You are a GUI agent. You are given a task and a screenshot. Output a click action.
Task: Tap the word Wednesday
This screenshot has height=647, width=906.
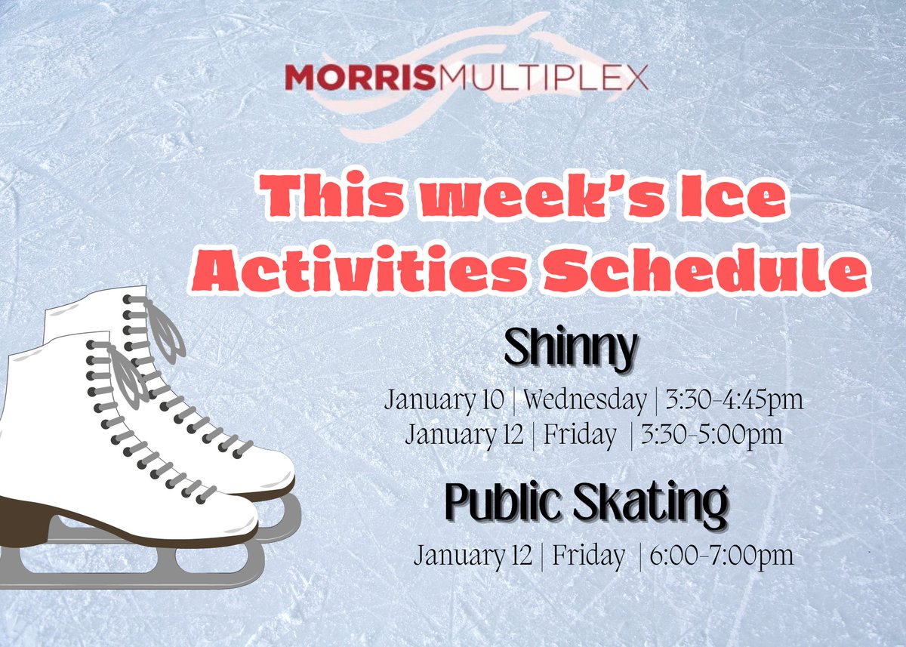click(585, 399)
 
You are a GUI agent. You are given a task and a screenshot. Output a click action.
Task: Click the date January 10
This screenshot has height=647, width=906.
click(444, 399)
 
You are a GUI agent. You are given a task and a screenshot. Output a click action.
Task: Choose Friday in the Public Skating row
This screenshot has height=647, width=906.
click(589, 556)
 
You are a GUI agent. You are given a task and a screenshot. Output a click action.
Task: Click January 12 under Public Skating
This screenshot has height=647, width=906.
click(475, 556)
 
